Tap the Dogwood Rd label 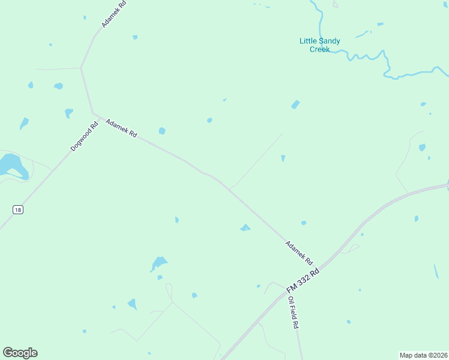(84, 136)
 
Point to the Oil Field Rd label (293, 313)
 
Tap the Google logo (20, 353)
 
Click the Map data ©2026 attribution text (423, 355)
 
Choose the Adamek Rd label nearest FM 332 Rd (299, 253)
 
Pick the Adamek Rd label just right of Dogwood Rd (121, 128)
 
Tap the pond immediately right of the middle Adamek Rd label (161, 131)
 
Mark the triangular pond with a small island (245, 228)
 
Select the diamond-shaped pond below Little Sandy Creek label (295, 104)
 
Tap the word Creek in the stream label (320, 49)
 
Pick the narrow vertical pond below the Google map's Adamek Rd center (176, 220)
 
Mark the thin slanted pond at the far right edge (436, 271)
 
